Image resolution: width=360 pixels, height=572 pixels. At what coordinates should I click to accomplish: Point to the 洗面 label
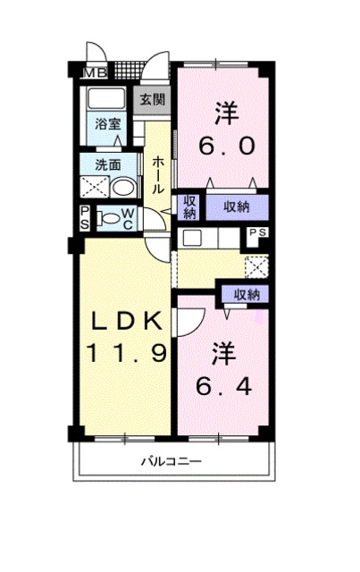109,164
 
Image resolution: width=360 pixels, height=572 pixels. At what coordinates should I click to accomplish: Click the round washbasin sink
124,187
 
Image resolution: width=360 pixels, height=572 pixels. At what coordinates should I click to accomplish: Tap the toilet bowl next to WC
109,217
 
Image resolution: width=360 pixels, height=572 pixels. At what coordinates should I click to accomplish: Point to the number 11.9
126,353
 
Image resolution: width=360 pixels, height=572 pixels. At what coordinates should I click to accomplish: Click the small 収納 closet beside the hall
189,206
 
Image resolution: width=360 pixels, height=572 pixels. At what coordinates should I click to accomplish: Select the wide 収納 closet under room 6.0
237,206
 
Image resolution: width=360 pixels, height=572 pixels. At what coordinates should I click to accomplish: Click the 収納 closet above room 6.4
247,293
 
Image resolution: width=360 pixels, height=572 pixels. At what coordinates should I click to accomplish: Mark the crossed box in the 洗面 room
93,187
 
